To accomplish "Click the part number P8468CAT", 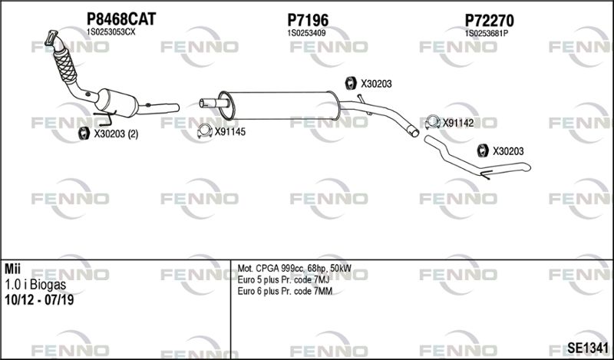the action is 121,18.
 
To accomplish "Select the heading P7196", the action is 308,20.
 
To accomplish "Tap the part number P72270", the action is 489,20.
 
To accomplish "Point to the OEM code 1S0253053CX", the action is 111,32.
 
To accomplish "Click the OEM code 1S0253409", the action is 306,34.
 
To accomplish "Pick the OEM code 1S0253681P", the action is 487,34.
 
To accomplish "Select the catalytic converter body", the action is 117,102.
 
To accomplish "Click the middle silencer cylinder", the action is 279,105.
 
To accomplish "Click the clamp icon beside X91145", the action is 205,131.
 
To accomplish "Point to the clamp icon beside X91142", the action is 433,123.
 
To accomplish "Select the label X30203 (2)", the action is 116,134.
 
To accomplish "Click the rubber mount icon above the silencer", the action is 351,83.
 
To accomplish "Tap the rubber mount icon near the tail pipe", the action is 483,150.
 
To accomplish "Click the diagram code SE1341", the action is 588,348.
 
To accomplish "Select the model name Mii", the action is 13,269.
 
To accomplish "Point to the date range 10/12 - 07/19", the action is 39,300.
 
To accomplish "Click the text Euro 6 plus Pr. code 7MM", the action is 285,292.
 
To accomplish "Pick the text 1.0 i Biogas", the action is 35,285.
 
